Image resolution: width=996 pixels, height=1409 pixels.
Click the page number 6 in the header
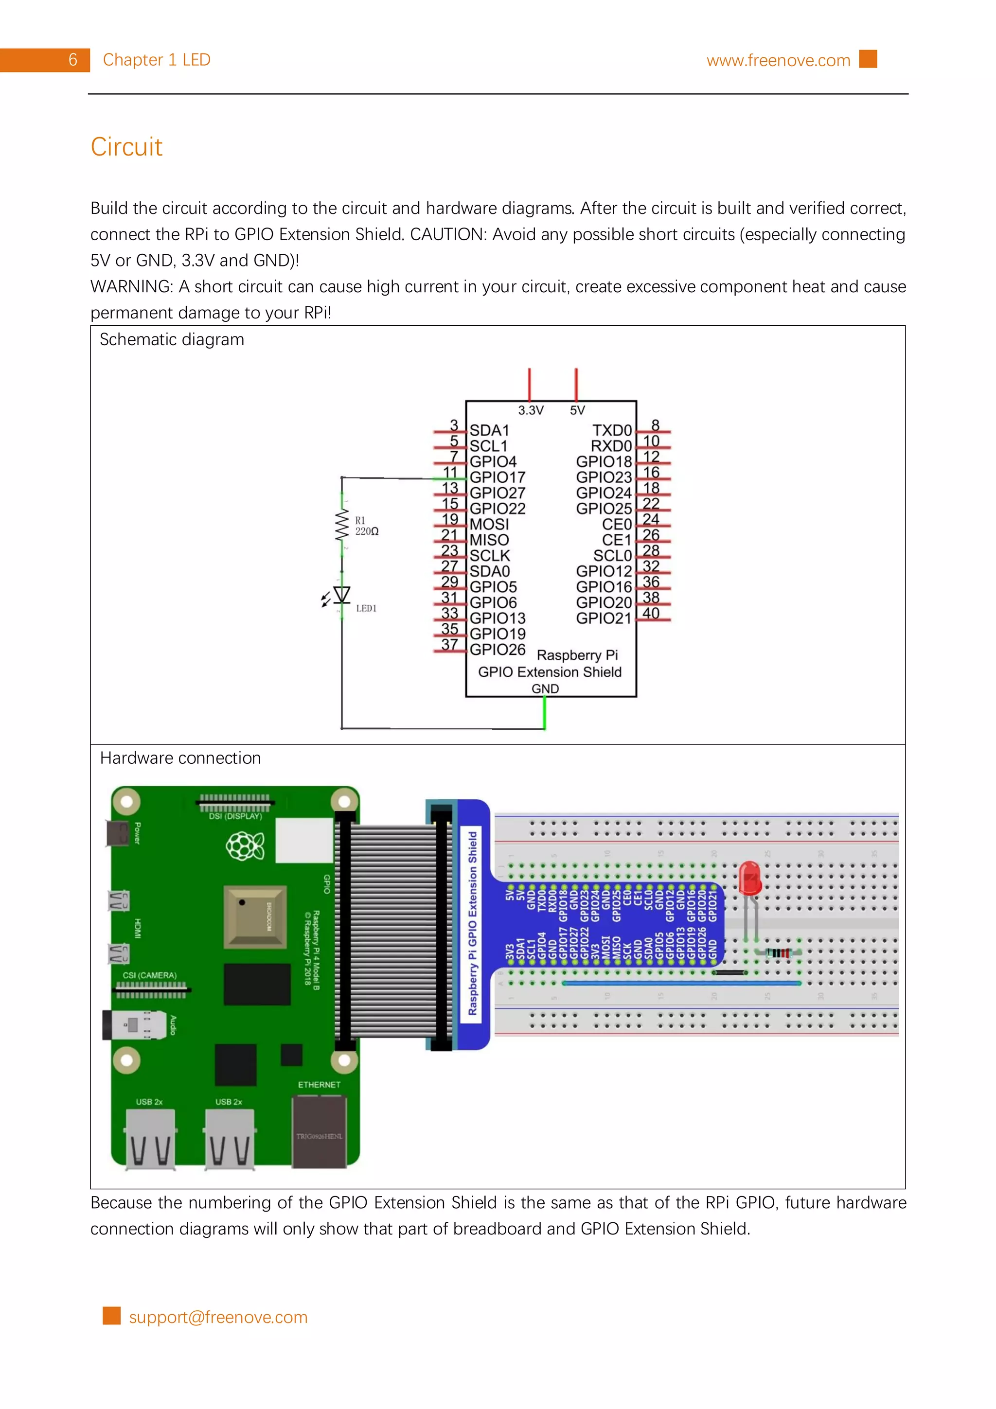click(72, 60)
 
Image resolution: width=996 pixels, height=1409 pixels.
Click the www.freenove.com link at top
click(778, 61)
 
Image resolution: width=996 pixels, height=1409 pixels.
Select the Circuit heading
click(126, 147)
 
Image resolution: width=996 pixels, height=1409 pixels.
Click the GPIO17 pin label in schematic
click(497, 477)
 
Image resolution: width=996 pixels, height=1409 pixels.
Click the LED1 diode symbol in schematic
click(342, 595)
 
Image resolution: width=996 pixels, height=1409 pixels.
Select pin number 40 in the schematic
click(651, 614)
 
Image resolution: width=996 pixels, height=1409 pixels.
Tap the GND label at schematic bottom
click(545, 688)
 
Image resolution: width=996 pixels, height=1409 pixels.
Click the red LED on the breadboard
click(749, 879)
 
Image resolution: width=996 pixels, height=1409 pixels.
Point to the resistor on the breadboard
click(779, 953)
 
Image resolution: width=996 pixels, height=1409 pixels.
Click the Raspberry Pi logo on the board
click(246, 846)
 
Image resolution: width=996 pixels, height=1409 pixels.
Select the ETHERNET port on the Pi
click(319, 1131)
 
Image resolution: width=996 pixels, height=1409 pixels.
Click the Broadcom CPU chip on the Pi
click(255, 916)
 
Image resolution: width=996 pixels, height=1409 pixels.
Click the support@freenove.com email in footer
click(218, 1317)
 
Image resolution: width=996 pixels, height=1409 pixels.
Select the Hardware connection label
click(180, 758)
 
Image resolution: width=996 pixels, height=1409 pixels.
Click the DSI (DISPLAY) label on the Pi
click(235, 817)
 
